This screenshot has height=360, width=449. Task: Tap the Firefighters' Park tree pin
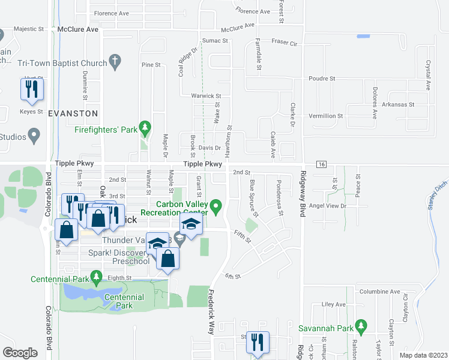click(x=145, y=127)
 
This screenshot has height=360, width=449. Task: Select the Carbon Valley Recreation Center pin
click(x=217, y=209)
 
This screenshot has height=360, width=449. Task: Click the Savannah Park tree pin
click(x=360, y=327)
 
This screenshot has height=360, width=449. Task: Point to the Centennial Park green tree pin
click(x=95, y=277)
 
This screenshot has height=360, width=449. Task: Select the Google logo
click(x=19, y=352)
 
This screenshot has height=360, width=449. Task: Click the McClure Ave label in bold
click(x=75, y=29)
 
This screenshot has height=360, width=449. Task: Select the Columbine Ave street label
click(x=379, y=292)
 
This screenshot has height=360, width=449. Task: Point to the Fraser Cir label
click(x=284, y=43)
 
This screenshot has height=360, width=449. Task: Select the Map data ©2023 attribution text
click(x=424, y=355)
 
